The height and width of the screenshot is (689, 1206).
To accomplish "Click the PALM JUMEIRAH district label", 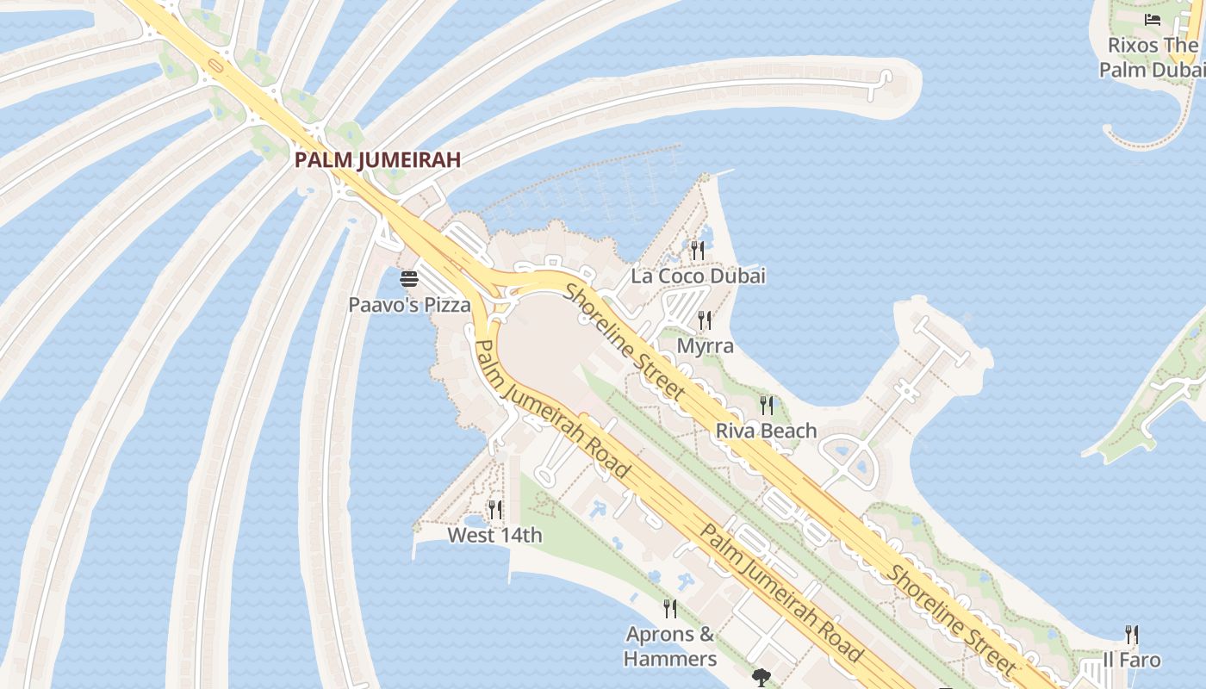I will pos(377,159).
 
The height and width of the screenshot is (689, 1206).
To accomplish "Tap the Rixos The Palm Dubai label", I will pos(1153,57).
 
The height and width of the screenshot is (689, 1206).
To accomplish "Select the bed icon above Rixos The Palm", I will pos(1153,20).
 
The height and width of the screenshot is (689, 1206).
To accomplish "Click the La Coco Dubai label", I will pos(698,276).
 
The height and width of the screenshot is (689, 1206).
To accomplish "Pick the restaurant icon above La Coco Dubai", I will pos(698,251).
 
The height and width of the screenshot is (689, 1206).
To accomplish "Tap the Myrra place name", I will pos(706,346).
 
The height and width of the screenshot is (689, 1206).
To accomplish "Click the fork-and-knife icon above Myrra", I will pos(705,320).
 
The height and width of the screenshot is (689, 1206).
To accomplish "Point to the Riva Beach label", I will pos(766,431).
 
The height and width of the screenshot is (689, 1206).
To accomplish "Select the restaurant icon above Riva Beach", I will pos(766,405).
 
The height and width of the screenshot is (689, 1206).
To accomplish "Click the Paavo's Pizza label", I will pos(409,304).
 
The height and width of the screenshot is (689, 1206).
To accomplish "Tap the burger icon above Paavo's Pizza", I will pos(409,279).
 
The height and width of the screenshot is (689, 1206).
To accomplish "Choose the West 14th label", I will pos(494,536).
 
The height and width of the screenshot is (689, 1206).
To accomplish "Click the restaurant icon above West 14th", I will pos(494,510).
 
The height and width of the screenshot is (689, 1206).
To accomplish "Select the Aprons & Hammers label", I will pos(670,647).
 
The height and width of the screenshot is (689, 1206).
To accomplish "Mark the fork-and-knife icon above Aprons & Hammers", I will pos(670,609).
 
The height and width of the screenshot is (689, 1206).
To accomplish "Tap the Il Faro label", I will pos(1132,661).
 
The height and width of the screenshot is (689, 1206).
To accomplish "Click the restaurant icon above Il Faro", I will pos(1132,635).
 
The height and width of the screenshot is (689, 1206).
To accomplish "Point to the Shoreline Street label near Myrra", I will pos(625,341).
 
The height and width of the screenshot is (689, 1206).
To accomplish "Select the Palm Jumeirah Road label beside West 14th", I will pos(552,409).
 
